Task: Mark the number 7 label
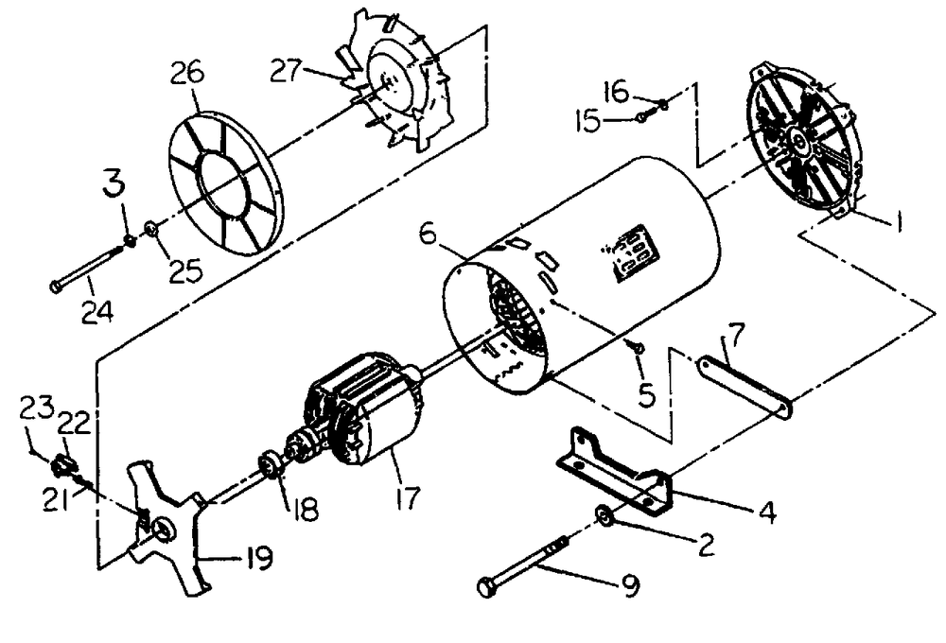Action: point(739,334)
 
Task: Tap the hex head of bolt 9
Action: point(488,588)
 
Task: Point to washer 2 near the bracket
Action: point(603,515)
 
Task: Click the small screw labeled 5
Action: point(638,348)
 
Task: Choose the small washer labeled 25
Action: point(151,228)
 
